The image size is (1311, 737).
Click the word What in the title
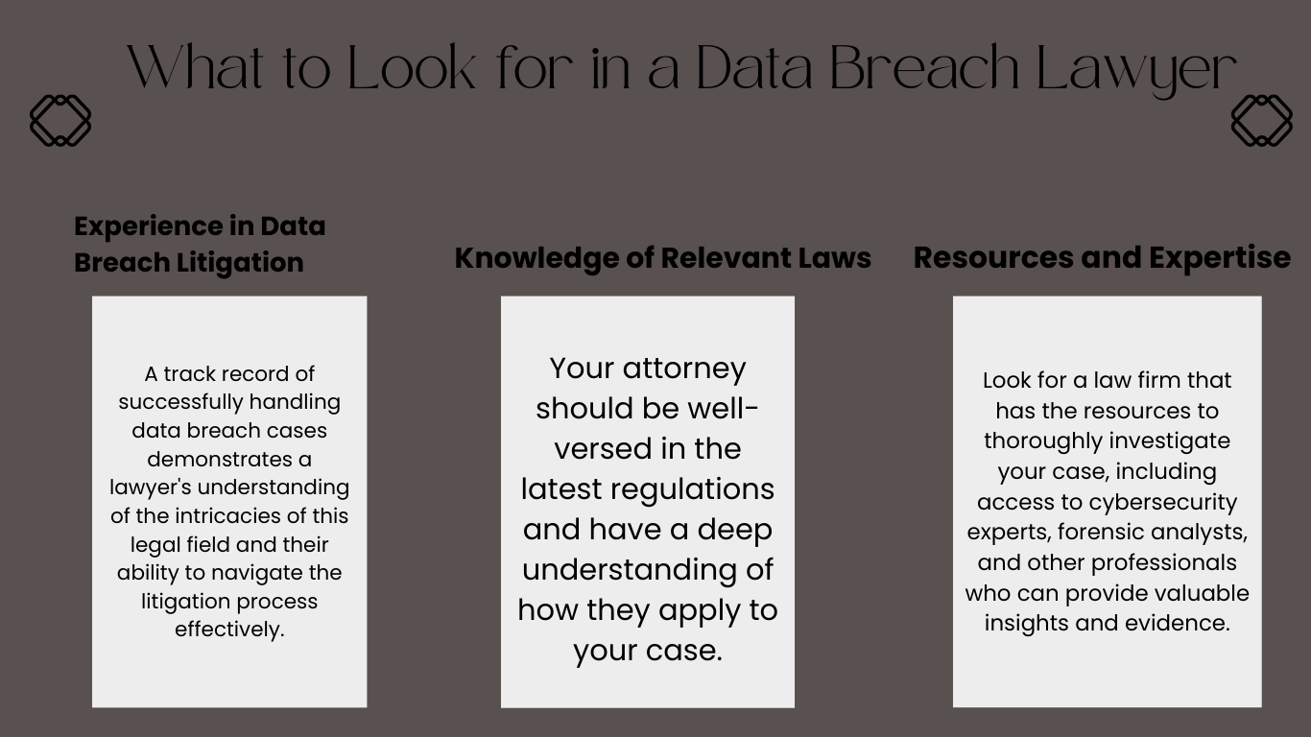(195, 67)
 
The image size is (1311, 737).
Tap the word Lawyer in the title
(1136, 70)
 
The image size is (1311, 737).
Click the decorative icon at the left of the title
(60, 121)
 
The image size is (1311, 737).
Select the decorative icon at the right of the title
(1262, 121)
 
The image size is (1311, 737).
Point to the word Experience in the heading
(148, 227)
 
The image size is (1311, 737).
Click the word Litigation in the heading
(240, 263)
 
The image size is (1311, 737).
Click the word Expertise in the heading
(1220, 259)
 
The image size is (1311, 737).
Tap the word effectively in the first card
(229, 630)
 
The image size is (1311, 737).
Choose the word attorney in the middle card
(684, 369)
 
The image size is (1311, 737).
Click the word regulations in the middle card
(692, 490)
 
